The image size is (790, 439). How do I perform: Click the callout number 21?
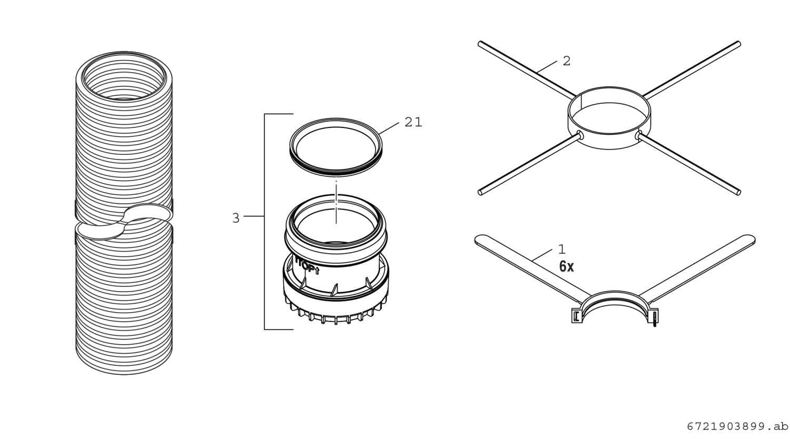[x=413, y=122]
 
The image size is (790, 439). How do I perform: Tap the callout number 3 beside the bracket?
[x=236, y=218]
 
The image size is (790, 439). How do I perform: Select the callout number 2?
[x=566, y=61]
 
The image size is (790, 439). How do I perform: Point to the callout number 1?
[x=562, y=250]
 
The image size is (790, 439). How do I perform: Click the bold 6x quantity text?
[x=566, y=266]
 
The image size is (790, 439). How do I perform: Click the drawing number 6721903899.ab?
[x=737, y=427]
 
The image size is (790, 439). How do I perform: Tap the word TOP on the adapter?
[x=307, y=267]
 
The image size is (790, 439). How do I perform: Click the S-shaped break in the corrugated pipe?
[x=124, y=222]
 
